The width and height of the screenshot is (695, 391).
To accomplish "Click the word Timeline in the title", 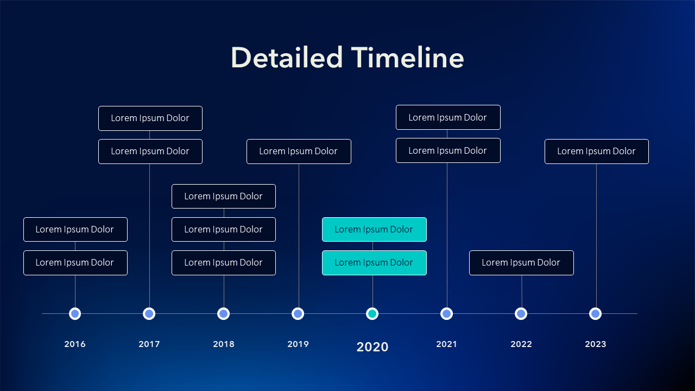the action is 407,58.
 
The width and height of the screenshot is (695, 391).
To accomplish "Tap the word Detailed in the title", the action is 287,58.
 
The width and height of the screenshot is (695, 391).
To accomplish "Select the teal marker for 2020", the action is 372,314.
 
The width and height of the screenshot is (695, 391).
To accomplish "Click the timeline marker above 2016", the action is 75,314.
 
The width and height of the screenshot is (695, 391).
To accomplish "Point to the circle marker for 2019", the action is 298,314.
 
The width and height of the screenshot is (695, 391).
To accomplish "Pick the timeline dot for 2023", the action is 596,314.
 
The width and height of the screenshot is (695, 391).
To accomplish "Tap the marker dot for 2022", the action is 521,314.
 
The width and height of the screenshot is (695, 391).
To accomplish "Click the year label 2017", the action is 149,344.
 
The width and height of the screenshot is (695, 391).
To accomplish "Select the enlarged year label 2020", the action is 372,347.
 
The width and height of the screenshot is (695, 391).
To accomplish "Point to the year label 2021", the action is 446,344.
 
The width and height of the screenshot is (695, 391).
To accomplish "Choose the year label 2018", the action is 224,344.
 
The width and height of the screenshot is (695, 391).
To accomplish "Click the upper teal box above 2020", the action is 374,229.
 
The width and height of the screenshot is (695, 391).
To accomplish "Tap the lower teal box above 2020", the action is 374,263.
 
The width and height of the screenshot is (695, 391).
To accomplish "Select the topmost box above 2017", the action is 150,118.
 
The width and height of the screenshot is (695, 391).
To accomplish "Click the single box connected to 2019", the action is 299,152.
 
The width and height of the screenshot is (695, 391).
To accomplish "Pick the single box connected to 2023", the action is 597,152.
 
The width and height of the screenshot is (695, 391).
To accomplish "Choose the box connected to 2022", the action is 522,263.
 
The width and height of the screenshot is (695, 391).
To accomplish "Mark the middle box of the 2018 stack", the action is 224,229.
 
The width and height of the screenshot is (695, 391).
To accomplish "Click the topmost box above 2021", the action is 448,117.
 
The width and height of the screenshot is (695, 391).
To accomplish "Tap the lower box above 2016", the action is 75,263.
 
